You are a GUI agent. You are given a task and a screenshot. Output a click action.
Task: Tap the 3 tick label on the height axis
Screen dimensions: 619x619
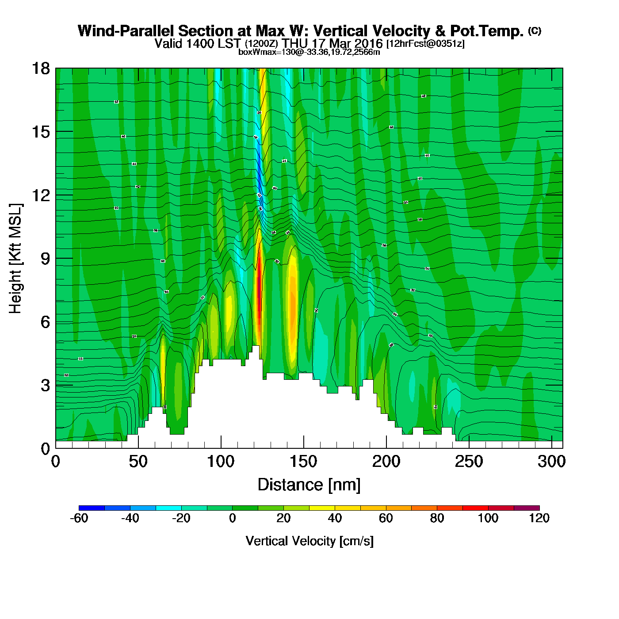pos(45,386)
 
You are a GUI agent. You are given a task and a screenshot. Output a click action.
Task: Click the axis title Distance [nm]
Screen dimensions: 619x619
pos(309,485)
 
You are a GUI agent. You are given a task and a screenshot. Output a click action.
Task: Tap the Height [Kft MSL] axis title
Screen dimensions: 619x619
pos(15,259)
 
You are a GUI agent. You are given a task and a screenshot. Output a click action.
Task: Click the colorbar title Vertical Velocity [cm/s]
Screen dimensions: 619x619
pos(309,541)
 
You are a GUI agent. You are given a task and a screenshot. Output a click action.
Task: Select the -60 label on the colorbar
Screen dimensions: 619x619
pos(79,518)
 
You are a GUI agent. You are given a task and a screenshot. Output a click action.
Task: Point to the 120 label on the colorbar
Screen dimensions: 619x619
pos(539,518)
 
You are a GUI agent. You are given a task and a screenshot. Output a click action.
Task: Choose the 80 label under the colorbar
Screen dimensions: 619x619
pos(437,518)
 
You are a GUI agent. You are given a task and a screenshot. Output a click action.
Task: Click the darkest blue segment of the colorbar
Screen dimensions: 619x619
pos(92,508)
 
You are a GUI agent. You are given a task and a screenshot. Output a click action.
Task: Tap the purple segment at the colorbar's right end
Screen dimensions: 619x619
pos(527,508)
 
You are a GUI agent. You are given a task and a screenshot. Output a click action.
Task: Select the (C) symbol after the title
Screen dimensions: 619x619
pos(535,31)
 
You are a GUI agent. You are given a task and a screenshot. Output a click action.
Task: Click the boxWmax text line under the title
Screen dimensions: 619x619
pos(309,52)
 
